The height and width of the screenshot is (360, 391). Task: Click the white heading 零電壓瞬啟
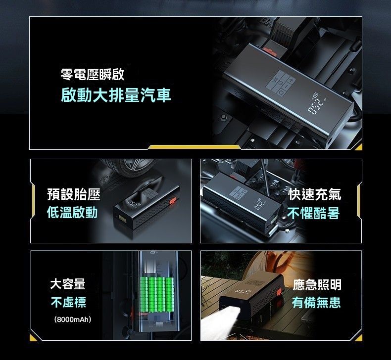pyautogui.click(x=93, y=75)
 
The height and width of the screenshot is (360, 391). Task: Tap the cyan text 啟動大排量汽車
pyautogui.click(x=116, y=95)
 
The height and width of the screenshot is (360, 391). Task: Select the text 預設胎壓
pyautogui.click(x=74, y=194)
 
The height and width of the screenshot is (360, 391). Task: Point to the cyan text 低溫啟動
pyautogui.click(x=72, y=213)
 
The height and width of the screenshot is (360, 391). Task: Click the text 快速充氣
pyautogui.click(x=315, y=194)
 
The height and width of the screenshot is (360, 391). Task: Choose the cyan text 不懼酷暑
pyautogui.click(x=313, y=213)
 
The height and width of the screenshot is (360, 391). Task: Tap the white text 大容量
pyautogui.click(x=68, y=284)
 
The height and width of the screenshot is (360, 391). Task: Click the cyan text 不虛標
pyautogui.click(x=68, y=302)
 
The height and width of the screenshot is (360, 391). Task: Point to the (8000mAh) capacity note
pyautogui.click(x=73, y=319)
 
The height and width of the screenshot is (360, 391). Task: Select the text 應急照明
pyautogui.click(x=317, y=285)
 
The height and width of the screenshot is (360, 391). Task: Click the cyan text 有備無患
pyautogui.click(x=316, y=303)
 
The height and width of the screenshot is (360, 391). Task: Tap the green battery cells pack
pyautogui.click(x=157, y=294)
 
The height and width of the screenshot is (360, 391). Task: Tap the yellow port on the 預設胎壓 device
pyautogui.click(x=123, y=218)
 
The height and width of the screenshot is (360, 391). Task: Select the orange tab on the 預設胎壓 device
pyautogui.click(x=173, y=201)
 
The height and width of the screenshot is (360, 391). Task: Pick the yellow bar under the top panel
pyautogui.click(x=195, y=147)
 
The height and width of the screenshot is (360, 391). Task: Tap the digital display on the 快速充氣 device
pyautogui.click(x=259, y=204)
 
